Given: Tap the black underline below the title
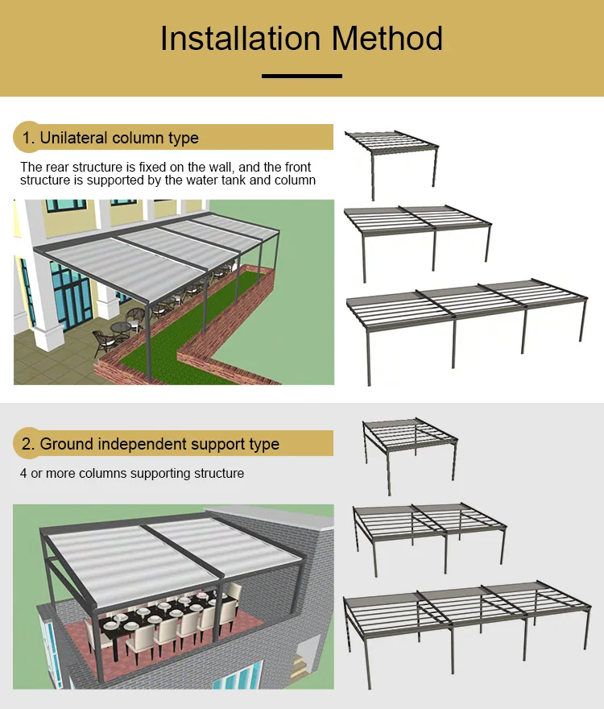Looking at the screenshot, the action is (x=302, y=77).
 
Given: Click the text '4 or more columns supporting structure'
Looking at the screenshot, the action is (x=132, y=473).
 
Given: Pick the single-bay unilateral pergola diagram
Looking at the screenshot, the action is (x=392, y=157).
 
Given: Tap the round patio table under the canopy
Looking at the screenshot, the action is (x=120, y=329).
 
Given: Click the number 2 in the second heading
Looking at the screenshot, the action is (x=27, y=444).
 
